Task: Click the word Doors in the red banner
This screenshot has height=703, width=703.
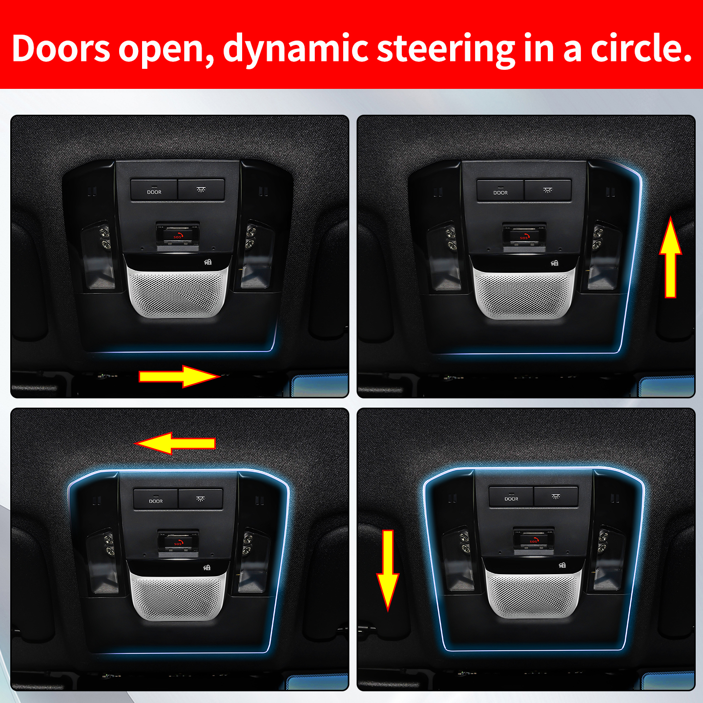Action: click(61, 48)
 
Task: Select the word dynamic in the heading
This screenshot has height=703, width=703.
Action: click(295, 50)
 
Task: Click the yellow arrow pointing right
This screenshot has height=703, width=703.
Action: click(179, 376)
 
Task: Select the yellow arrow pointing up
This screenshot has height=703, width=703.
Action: click(670, 257)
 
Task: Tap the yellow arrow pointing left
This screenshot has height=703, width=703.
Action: click(175, 443)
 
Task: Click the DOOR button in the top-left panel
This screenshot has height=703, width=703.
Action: click(154, 190)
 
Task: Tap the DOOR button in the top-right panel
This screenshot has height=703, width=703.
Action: click(500, 190)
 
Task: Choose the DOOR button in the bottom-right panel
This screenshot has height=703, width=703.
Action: click(511, 496)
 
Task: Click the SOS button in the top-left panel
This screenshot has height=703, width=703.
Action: click(178, 236)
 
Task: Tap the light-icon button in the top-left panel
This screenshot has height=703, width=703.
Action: click(201, 190)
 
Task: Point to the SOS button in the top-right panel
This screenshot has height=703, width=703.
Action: click(524, 237)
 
